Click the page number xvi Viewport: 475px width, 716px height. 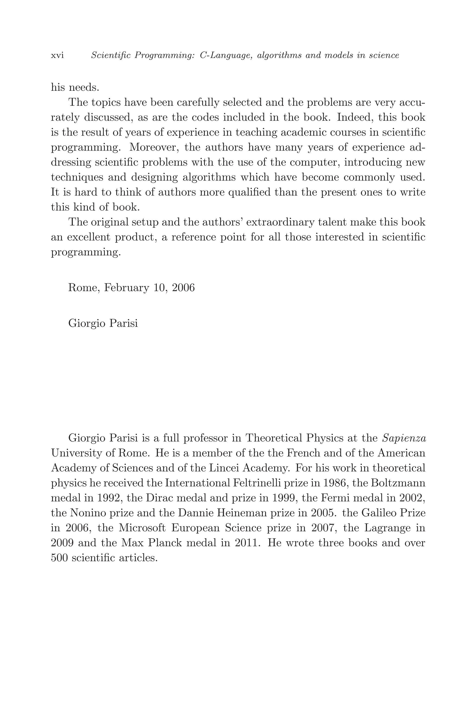[x=57, y=56]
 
